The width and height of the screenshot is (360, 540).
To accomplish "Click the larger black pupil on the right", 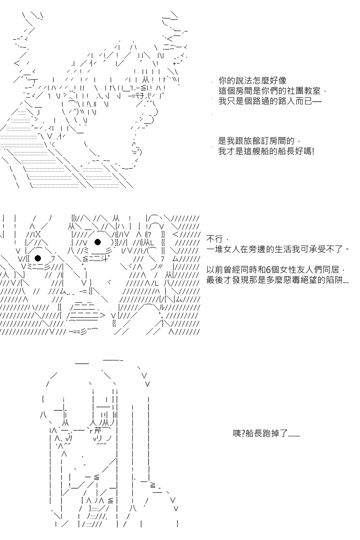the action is tap(98, 242).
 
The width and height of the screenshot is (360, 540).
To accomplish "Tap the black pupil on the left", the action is tap(38, 258).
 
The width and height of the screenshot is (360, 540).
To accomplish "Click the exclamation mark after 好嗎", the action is tap(313, 152).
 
